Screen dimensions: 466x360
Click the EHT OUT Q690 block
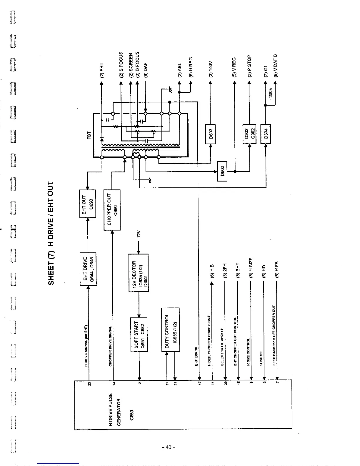[x=88, y=204]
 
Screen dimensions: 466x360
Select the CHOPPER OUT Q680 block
[x=112, y=210]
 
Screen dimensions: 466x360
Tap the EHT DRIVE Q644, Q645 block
[x=88, y=269]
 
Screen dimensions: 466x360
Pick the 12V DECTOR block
[x=138, y=273]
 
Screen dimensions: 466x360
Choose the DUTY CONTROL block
[x=170, y=329]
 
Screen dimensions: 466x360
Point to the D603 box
[x=211, y=134]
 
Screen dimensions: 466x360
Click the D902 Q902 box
[x=249, y=134]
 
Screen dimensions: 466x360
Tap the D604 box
[x=266, y=134]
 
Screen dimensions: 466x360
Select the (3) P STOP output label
[x=249, y=66]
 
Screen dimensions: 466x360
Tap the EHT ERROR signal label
[x=196, y=356]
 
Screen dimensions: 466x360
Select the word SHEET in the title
[x=51, y=272]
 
